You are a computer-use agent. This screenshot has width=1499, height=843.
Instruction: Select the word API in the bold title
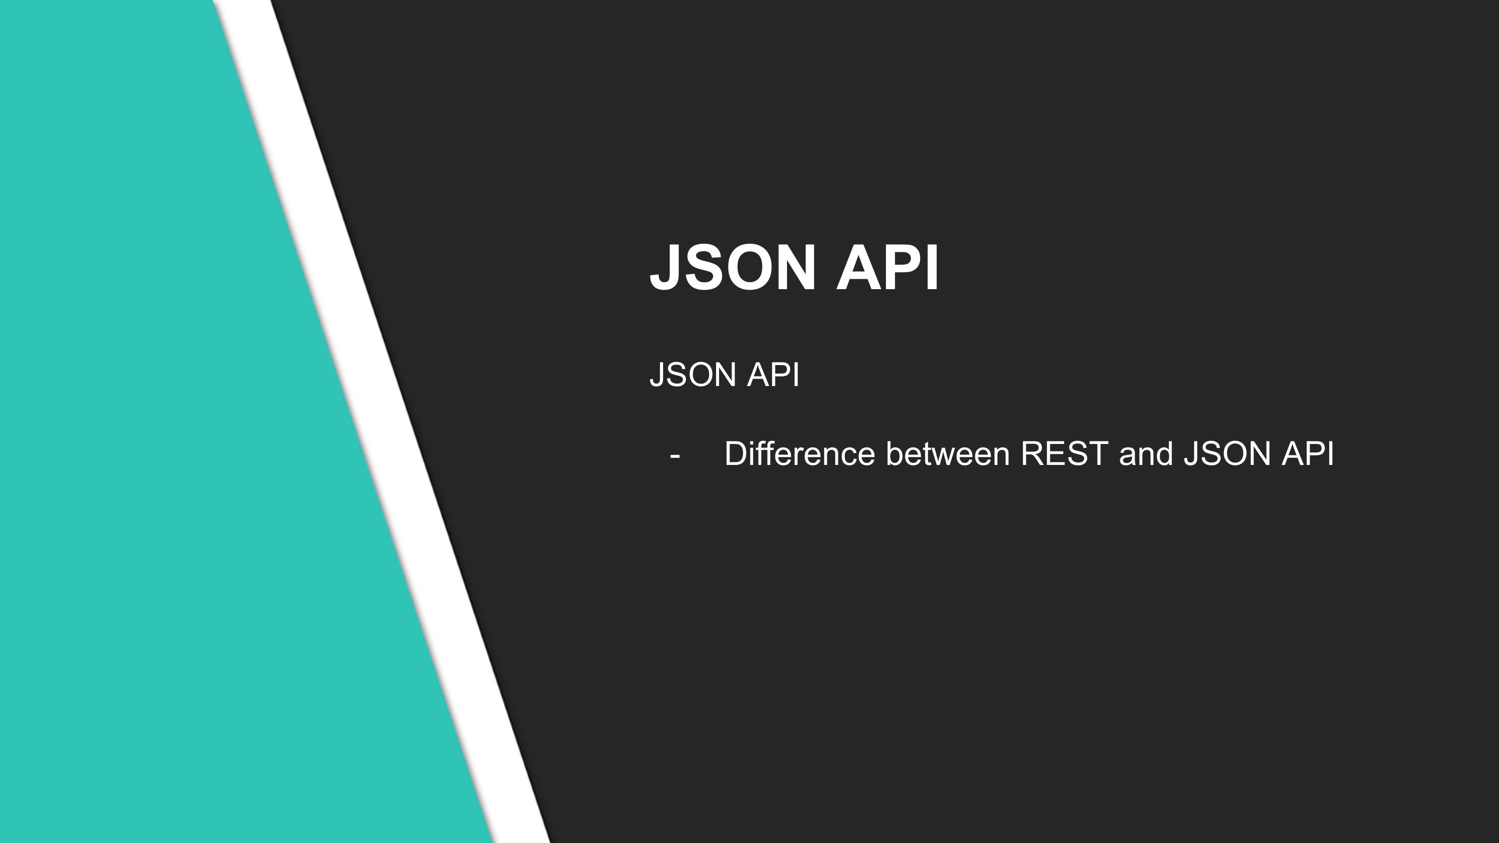pyautogui.click(x=888, y=268)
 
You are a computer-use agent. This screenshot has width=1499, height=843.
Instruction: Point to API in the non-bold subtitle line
pyautogui.click(x=773, y=374)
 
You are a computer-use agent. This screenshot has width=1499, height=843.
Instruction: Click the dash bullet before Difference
pyautogui.click(x=675, y=455)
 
